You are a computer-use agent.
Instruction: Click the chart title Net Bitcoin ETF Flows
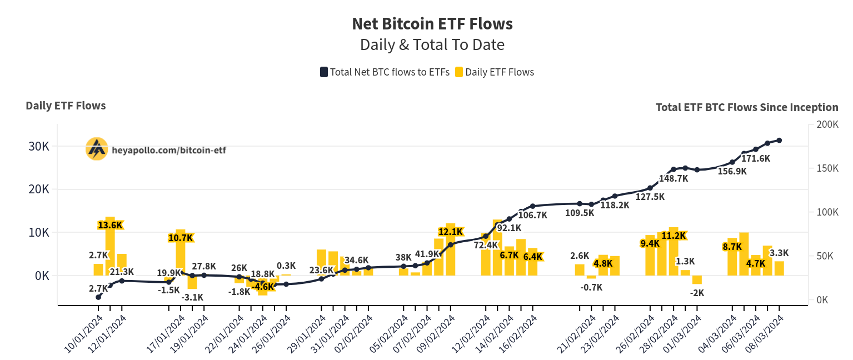point(432,23)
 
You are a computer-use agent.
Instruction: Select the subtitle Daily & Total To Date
point(432,44)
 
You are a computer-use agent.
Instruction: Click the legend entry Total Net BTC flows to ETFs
point(385,72)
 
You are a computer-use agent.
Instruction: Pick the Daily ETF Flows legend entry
point(495,72)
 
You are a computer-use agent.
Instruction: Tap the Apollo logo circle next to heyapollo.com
point(97,149)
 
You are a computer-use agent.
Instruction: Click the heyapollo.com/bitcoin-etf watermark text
point(169,151)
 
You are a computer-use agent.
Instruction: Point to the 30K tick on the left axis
point(39,146)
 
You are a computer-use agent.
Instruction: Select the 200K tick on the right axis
point(827,124)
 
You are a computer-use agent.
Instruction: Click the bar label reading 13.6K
point(110,225)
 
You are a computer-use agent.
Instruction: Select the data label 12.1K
point(451,232)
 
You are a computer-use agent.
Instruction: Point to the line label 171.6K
point(756,158)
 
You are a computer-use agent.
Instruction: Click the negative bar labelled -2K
point(697,279)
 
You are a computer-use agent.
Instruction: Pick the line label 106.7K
point(532,215)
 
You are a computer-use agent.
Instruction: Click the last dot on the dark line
point(779,141)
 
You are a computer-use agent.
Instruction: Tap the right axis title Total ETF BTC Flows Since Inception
point(747,107)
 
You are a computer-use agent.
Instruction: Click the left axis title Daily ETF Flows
point(66,106)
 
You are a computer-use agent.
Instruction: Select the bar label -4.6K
point(263,287)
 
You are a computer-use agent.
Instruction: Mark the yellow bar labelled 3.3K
point(779,268)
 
